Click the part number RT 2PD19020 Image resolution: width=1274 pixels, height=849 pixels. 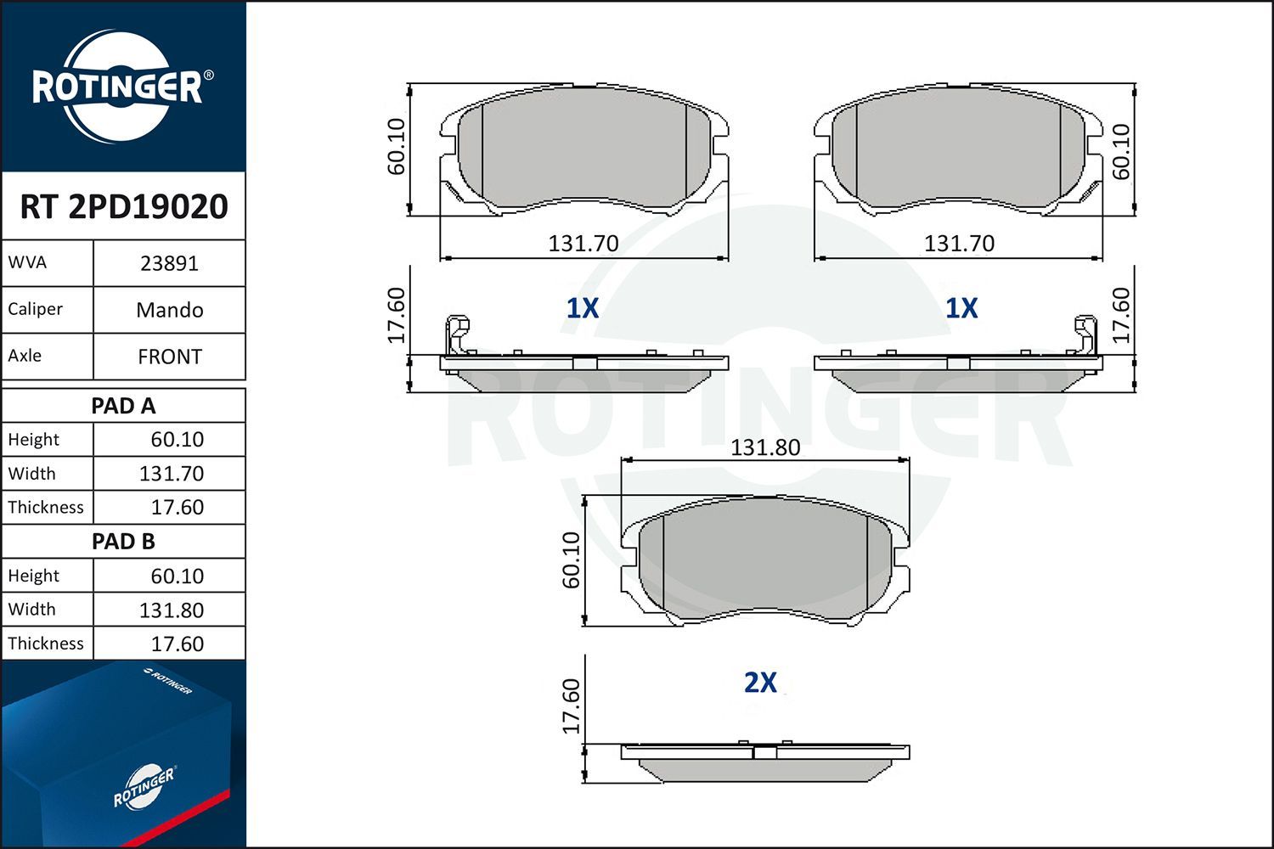(x=124, y=206)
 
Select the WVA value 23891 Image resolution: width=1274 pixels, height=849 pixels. (x=169, y=264)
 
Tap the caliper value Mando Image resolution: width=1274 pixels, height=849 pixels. (x=170, y=310)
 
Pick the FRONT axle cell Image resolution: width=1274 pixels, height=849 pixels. (x=170, y=357)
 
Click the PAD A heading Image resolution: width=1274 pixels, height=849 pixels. (x=123, y=406)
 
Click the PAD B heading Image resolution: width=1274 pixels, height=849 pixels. (x=123, y=542)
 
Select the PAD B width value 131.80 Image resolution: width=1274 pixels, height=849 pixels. (x=172, y=610)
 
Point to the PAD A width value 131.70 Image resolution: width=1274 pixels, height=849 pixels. (x=172, y=474)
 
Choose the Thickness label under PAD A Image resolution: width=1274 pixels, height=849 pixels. (x=46, y=507)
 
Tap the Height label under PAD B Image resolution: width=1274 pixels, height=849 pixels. (x=34, y=576)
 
